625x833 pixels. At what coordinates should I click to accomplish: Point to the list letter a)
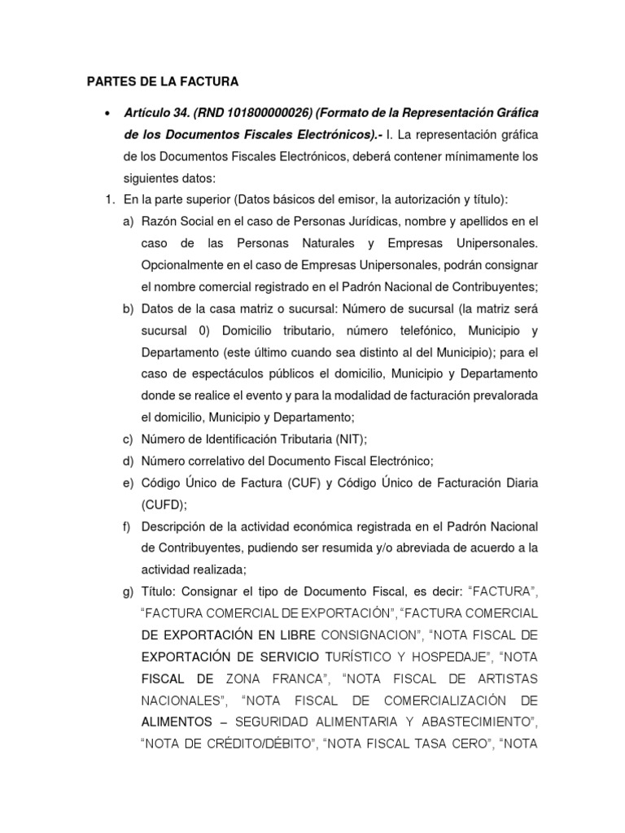click(129, 221)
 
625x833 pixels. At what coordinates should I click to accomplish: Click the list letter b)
click(129, 308)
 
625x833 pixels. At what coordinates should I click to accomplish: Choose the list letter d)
click(129, 460)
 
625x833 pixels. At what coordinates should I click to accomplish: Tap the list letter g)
click(129, 591)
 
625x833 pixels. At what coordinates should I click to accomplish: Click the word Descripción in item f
click(175, 526)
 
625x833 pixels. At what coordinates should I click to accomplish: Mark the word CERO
click(466, 743)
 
